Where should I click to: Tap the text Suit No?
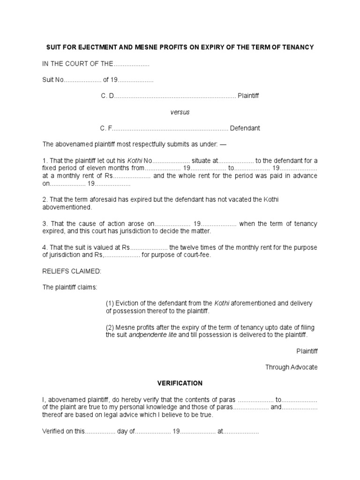coord(52,80)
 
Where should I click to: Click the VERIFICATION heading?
coord(180,383)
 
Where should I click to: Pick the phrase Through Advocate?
coord(291,367)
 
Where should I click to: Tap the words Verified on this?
coord(63,431)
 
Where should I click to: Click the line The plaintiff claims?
coord(70,287)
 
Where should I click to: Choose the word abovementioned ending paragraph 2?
coord(67,207)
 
